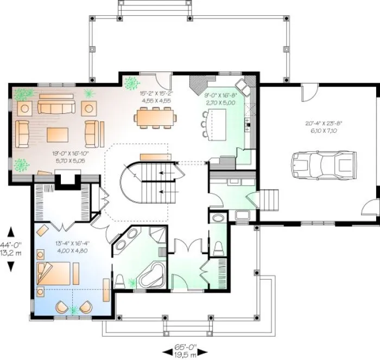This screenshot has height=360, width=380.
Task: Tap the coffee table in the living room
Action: tap(58, 134)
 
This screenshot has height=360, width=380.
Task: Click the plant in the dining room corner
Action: tap(131, 83)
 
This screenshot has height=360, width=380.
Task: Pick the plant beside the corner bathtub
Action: tap(132, 281)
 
